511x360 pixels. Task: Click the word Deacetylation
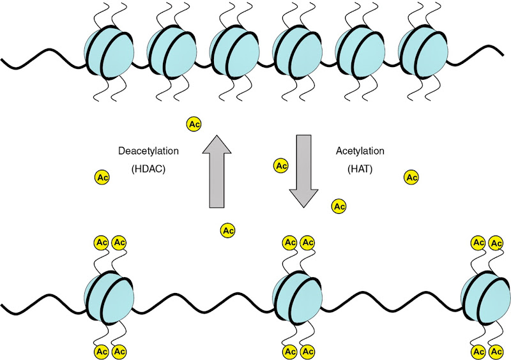click(149, 151)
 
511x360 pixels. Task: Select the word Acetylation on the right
click(360, 151)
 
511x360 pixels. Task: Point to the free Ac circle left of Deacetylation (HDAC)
click(102, 177)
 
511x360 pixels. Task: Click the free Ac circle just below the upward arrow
click(227, 230)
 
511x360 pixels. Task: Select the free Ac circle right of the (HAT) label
click(411, 177)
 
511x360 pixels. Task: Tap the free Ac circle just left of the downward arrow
click(280, 166)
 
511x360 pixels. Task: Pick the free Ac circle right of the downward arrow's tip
click(339, 206)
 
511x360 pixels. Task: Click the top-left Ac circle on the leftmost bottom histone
click(101, 243)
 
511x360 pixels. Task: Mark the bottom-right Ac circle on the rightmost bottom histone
click(495, 351)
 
